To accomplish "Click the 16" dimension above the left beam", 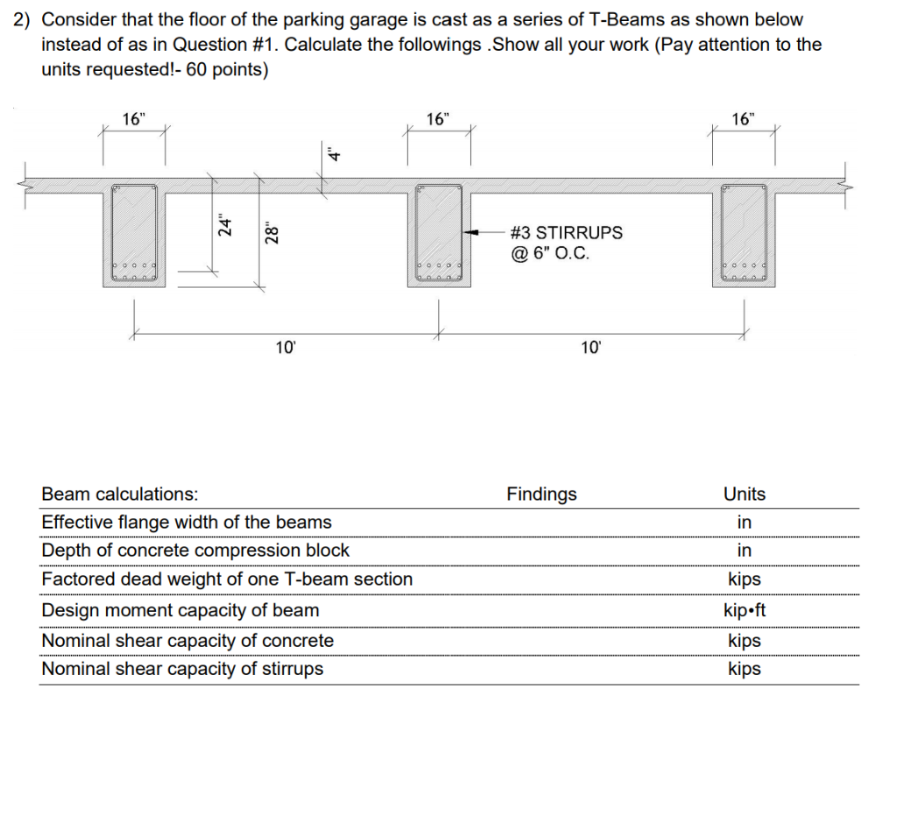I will click(133, 121).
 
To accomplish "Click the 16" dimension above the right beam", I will click(742, 119).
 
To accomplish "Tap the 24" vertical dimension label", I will click(226, 227).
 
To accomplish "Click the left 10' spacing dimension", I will click(286, 348).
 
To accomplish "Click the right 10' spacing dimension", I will click(590, 348).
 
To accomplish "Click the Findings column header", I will click(541, 495).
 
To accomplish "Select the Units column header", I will click(744, 495).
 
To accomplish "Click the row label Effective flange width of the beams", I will click(187, 523).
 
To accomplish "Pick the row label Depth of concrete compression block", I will click(195, 551).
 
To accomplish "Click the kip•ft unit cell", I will click(744, 610).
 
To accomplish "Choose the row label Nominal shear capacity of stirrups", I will click(182, 670).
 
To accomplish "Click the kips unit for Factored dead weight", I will click(744, 580).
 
